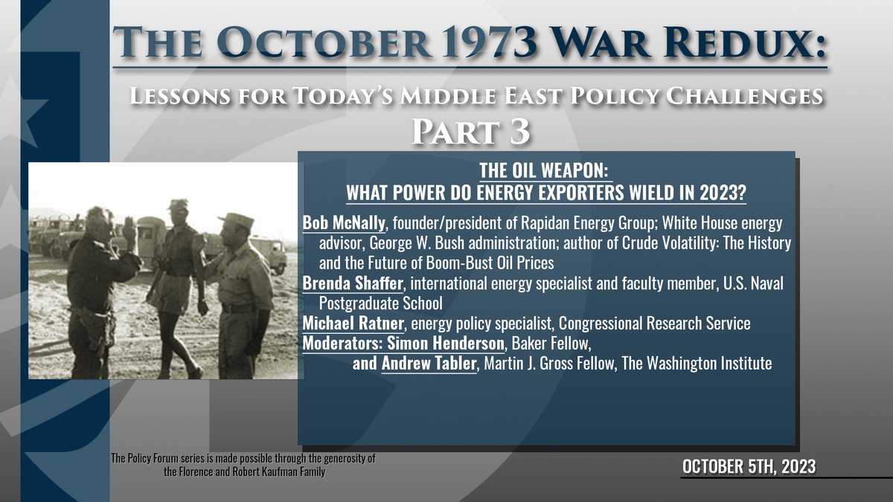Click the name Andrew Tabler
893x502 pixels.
(428, 364)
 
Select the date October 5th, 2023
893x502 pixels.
(749, 466)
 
